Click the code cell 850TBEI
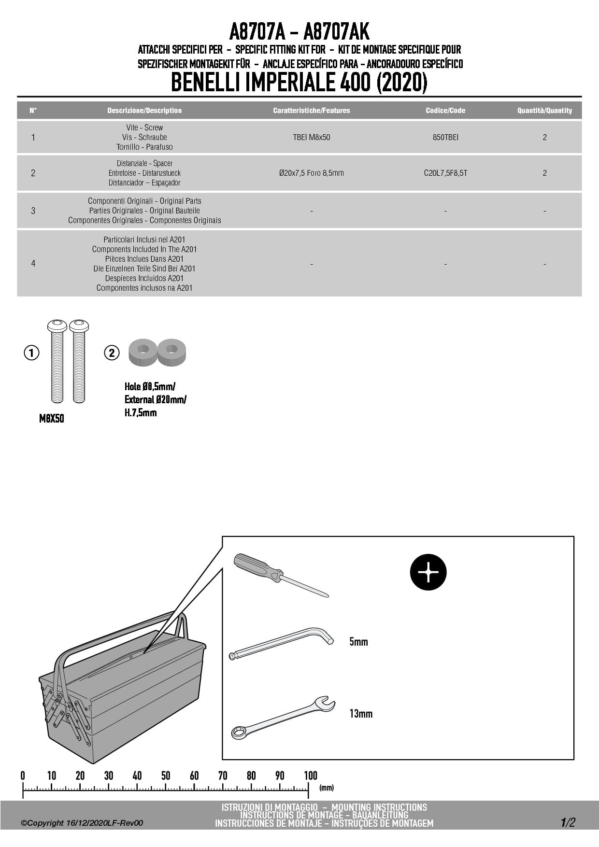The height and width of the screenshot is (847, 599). pos(445,137)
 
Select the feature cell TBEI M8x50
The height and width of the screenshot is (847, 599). pos(312,137)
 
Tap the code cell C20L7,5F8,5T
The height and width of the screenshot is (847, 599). pos(445,173)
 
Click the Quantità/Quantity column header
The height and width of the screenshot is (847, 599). pos(544,111)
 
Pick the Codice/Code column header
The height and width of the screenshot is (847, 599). pos(445,111)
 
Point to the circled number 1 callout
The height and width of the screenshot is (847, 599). pos(31,353)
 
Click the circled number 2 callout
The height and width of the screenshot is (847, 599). pos(112,353)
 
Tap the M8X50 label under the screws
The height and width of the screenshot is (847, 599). pos(52,419)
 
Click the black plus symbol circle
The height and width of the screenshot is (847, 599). pos(428,572)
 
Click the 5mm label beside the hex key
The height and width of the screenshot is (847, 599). pos(358,642)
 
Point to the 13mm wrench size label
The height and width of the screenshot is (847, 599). pos(361,714)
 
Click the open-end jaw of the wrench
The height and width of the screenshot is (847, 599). pos(325,704)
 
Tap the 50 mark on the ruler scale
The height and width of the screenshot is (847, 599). pos(166,776)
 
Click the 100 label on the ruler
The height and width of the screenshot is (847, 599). pos(311,776)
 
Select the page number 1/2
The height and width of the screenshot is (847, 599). pos(568,822)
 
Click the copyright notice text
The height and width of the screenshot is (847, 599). pos(82,823)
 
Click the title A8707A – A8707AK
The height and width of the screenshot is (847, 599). pos(299,32)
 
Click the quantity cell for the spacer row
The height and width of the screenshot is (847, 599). pos(544,173)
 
